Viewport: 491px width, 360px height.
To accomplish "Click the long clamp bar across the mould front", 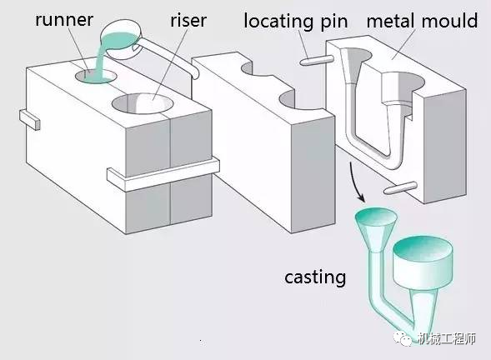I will click(x=163, y=169).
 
